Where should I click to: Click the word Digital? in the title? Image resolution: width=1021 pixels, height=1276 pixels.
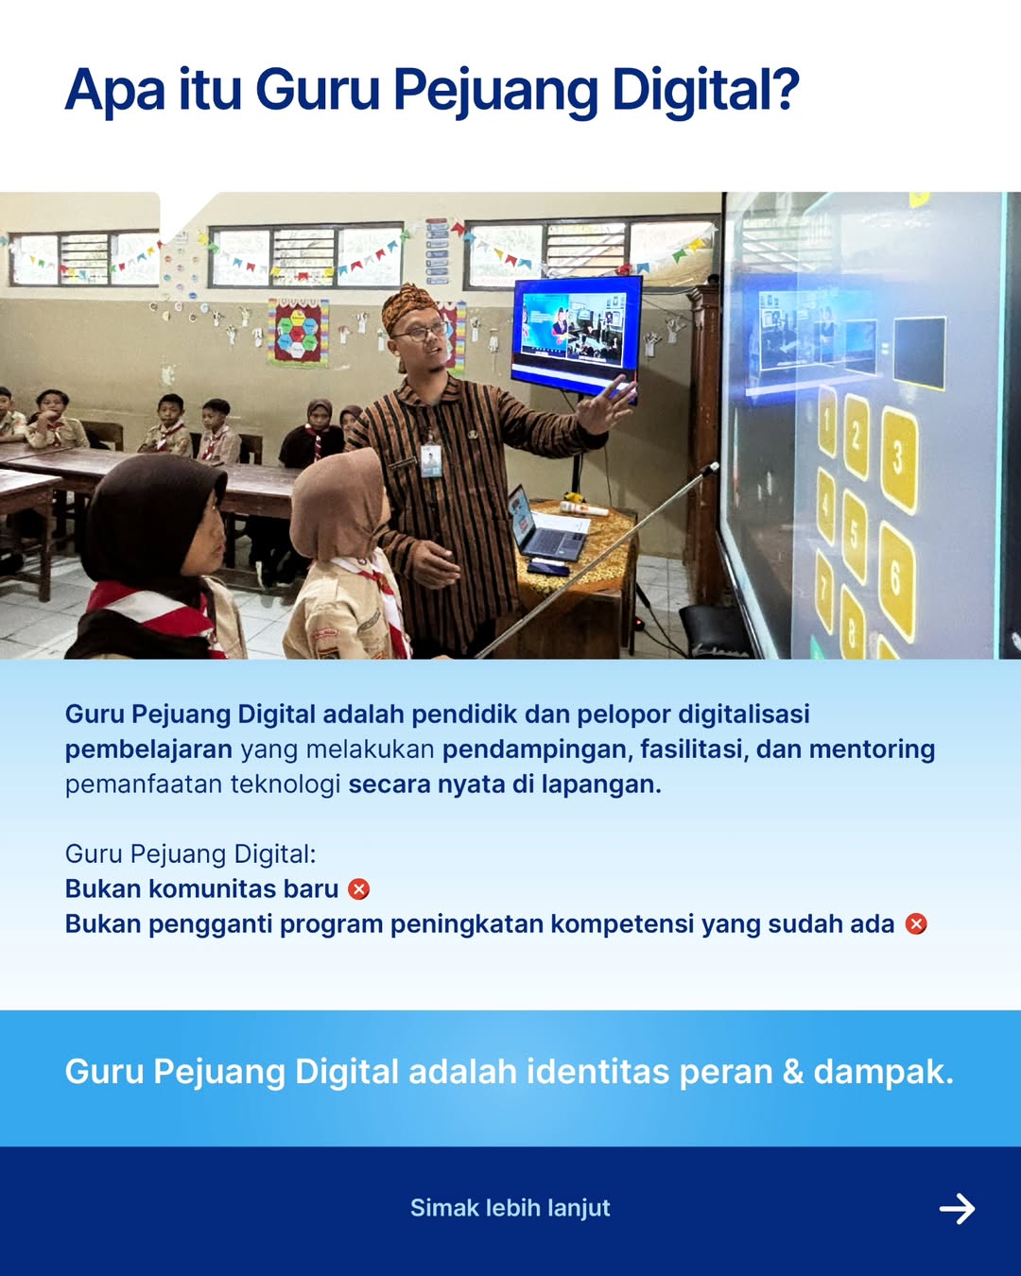pyautogui.click(x=705, y=92)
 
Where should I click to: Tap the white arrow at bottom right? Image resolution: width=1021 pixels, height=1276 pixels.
pyautogui.click(x=957, y=1208)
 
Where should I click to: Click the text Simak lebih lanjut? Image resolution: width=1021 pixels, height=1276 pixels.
pyautogui.click(x=510, y=1208)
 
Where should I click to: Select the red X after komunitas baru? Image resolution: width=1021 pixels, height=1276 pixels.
pyautogui.click(x=359, y=889)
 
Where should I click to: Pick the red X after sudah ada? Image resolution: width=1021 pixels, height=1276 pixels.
pyautogui.click(x=916, y=924)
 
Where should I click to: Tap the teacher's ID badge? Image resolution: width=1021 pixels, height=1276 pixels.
pyautogui.click(x=431, y=460)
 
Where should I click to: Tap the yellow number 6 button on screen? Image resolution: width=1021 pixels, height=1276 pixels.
pyautogui.click(x=896, y=578)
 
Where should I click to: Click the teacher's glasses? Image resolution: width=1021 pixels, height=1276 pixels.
pyautogui.click(x=423, y=332)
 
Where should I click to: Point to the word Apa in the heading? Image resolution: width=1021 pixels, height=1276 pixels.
pyautogui.click(x=114, y=92)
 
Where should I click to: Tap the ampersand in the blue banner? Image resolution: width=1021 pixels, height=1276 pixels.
pyautogui.click(x=793, y=1072)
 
